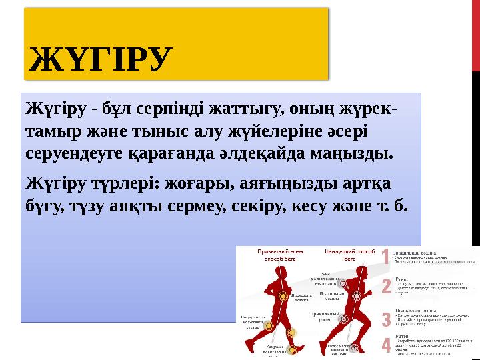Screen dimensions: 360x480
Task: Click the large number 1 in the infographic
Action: pyautogui.click(x=385, y=257)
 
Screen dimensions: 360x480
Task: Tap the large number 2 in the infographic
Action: pyautogui.click(x=385, y=287)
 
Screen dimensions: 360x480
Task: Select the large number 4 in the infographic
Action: pyautogui.click(x=385, y=346)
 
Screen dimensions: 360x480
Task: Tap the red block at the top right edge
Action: pyautogui.click(x=476, y=33)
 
